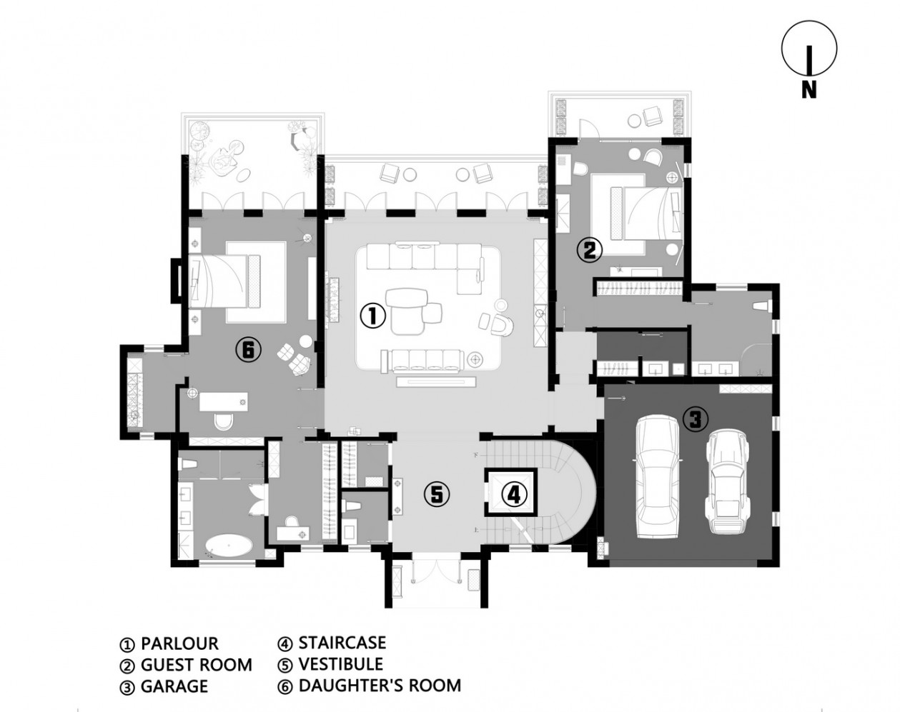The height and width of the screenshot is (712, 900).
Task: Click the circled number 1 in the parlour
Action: point(372,316)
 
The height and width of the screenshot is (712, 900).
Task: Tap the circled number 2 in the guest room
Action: point(589,250)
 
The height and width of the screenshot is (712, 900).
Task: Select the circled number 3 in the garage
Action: point(695,418)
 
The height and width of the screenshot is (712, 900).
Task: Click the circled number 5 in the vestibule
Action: point(437,495)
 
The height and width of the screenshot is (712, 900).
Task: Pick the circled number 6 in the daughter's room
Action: point(248,350)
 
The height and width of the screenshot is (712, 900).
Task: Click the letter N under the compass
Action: point(808,89)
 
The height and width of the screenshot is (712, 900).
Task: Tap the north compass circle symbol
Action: point(809,49)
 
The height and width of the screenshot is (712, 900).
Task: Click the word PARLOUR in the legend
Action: point(179,643)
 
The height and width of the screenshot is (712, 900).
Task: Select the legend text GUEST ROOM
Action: point(197,665)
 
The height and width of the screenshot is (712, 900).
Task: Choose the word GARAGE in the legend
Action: point(174,686)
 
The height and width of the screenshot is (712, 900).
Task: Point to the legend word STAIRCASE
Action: point(342,643)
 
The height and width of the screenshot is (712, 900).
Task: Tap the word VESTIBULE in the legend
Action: point(340,664)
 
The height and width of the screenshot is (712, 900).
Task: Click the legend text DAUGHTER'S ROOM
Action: point(380,686)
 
